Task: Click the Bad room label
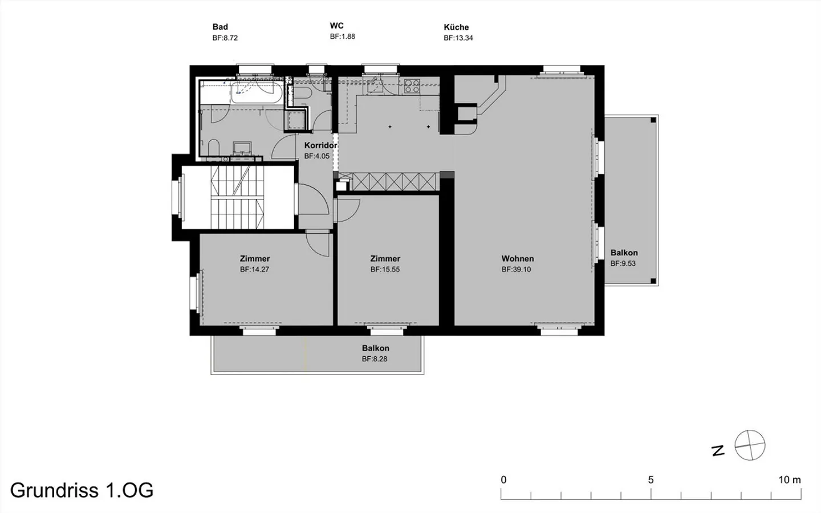220,27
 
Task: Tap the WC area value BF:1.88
342,36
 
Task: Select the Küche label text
456,27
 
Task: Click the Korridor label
320,145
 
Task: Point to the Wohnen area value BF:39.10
516,269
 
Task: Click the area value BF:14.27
254,269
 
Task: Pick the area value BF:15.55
385,269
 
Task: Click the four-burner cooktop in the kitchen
412,86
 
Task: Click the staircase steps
237,197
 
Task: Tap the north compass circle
750,445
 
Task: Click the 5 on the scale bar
651,480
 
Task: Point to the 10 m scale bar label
790,480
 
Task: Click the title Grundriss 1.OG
82,490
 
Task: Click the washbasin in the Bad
242,148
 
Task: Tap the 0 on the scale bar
503,480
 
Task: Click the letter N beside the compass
718,451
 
